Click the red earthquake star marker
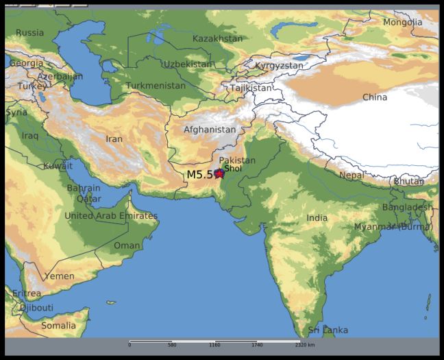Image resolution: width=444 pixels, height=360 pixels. click(219, 173)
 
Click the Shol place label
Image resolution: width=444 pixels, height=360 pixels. click(233, 168)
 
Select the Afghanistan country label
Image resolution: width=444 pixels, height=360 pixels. click(210, 130)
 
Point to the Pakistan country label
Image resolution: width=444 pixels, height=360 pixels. click(237, 160)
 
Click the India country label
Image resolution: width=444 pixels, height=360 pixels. click(317, 218)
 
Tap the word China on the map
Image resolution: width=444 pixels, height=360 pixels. click(374, 97)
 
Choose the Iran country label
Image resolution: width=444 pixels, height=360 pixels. click(114, 139)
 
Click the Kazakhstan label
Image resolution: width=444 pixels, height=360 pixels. click(217, 38)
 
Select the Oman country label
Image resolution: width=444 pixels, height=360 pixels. click(127, 245)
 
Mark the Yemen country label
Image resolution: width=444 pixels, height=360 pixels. click(60, 276)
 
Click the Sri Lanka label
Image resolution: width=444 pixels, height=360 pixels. click(328, 331)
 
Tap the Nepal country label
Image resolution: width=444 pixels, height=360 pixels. click(351, 175)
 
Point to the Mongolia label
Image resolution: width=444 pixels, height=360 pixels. click(403, 22)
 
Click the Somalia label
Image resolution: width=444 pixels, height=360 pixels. click(58, 326)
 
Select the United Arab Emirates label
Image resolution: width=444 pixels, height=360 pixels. click(111, 216)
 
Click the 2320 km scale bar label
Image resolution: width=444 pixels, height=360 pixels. click(306, 345)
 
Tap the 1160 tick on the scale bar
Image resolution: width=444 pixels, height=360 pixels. click(214, 345)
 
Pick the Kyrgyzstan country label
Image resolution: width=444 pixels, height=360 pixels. click(279, 66)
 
